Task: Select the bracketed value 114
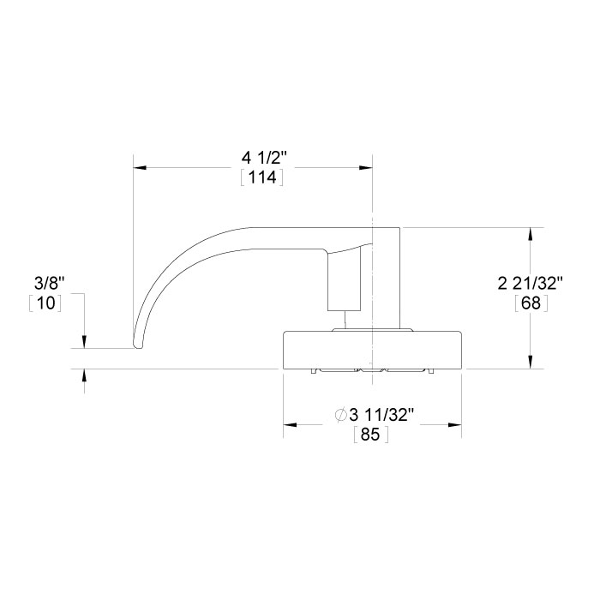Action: pos(262,178)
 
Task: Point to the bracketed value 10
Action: pos(45,303)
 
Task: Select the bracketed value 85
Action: pos(371,435)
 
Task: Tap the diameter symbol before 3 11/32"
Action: pos(340,416)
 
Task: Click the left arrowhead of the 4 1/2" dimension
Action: pos(140,167)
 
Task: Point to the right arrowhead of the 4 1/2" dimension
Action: pos(366,167)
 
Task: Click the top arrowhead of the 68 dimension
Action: pos(532,234)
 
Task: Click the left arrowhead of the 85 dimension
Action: pos(290,424)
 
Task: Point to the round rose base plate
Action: pos(372,350)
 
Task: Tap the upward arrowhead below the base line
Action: pos(84,375)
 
